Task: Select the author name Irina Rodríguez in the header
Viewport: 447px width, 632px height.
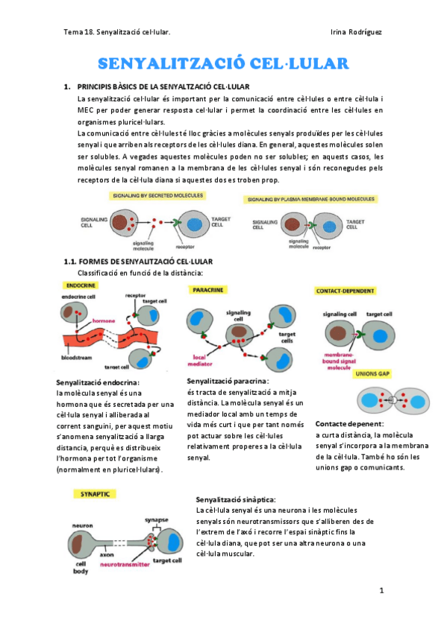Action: click(x=356, y=31)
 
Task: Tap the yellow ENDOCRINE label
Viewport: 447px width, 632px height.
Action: click(x=80, y=285)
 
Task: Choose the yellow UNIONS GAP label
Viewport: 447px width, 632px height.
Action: click(x=372, y=373)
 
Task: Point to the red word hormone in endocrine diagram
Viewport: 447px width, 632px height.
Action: click(x=104, y=321)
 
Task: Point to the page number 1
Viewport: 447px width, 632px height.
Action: click(x=381, y=591)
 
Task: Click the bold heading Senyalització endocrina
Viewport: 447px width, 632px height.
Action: click(x=99, y=382)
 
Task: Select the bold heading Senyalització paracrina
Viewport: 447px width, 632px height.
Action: click(x=227, y=381)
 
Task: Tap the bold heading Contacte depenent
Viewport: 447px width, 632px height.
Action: click(x=349, y=423)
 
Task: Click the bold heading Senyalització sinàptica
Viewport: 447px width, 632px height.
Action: click(x=235, y=499)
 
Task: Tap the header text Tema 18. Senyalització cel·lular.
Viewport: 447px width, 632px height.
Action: click(x=116, y=31)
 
